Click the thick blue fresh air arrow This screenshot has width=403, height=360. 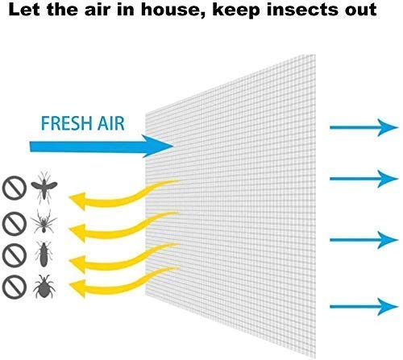click(102, 147)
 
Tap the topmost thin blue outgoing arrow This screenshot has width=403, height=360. click(364, 127)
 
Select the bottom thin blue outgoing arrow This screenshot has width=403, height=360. click(364, 306)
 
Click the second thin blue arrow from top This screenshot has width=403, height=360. click(364, 179)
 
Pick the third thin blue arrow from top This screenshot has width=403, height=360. click(364, 239)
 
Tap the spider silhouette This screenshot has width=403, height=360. click(44, 221)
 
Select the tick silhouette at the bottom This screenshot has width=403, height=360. click(44, 286)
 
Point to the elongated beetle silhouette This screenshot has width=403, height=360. click(44, 254)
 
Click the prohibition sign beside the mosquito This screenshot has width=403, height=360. click(15, 188)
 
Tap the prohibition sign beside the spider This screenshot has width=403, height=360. click(15, 224)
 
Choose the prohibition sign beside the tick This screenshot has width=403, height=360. click(15, 287)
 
